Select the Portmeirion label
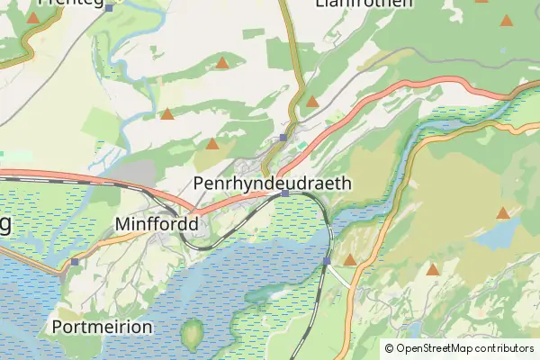103,326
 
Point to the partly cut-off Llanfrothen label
364,4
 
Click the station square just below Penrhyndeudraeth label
285,193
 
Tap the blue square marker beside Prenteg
109,8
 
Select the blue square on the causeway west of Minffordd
75,262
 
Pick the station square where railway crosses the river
327,261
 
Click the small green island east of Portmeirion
192,335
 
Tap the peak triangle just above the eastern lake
502,214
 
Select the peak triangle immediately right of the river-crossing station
349,260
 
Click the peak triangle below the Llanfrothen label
312,102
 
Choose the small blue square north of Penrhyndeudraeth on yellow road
283,138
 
